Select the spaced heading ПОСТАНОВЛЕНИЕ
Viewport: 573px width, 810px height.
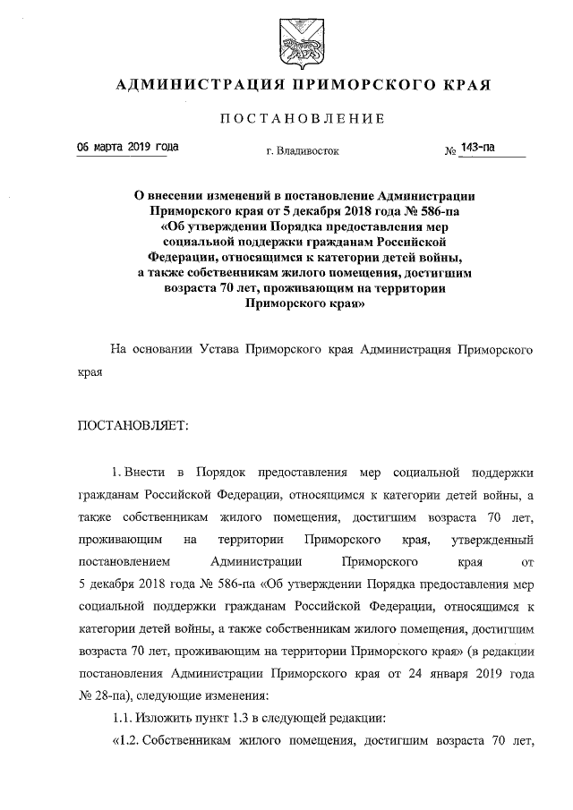pyautogui.click(x=303, y=118)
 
